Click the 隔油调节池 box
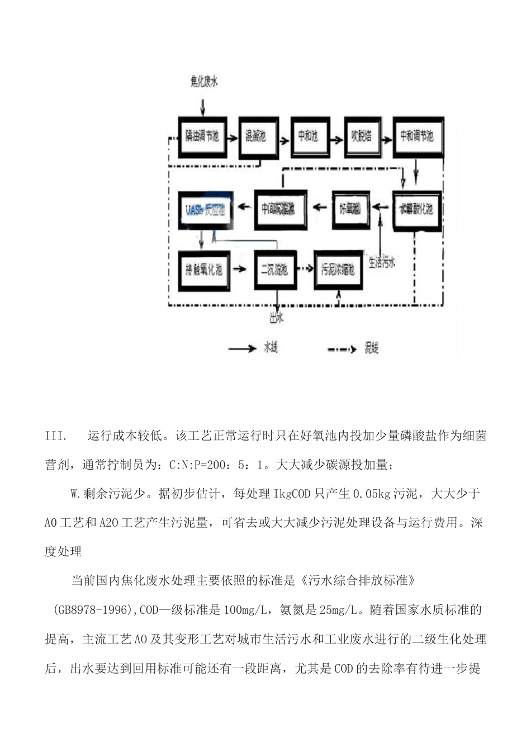click(x=202, y=137)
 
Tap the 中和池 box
click(x=308, y=136)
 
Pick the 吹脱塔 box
click(x=362, y=136)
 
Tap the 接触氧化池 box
click(x=204, y=271)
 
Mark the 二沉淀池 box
click(x=274, y=270)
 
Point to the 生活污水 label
click(x=382, y=262)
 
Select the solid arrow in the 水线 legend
click(x=242, y=349)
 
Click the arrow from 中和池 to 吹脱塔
click(x=335, y=136)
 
